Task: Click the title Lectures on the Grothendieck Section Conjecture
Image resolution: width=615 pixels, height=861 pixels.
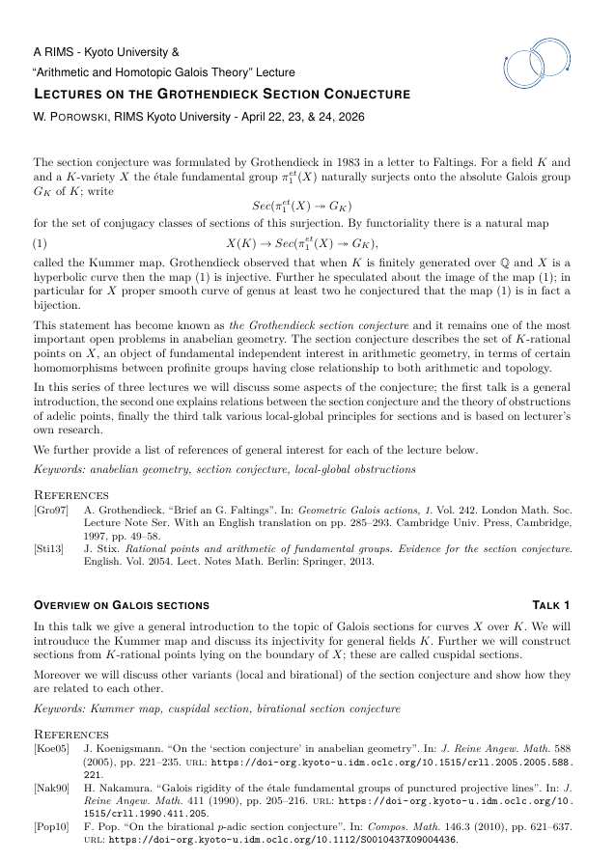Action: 222,94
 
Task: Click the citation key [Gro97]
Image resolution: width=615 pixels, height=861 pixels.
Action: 51,510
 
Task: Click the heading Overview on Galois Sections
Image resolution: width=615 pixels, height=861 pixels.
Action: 122,605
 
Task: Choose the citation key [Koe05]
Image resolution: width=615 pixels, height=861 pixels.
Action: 51,747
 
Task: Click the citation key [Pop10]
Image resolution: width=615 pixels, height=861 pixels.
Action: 51,828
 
